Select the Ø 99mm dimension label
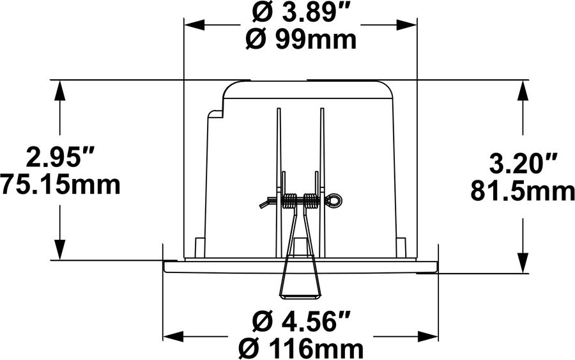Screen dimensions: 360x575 [300, 40]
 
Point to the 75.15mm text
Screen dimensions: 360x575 [61, 185]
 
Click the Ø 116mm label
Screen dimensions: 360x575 [300, 349]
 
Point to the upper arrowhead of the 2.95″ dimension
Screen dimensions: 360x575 [61, 89]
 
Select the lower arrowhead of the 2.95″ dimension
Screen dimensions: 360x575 [61, 251]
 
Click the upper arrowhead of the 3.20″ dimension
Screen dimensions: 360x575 [523, 89]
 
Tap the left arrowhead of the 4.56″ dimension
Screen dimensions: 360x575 [172, 336]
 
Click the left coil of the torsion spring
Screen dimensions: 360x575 [289, 201]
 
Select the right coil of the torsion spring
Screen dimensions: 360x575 [310, 201]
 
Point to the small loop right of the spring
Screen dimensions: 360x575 [335, 201]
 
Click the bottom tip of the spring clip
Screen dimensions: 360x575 [300, 295]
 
